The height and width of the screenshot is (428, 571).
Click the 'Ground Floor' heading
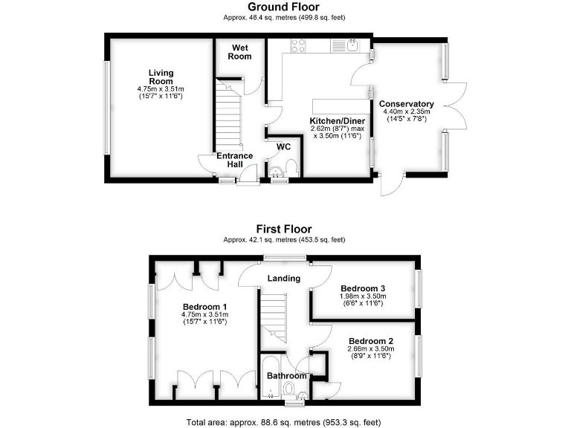284,7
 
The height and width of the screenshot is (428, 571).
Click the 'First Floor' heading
284,230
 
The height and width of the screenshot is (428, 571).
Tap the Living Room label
161,77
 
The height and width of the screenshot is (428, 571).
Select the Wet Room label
239,52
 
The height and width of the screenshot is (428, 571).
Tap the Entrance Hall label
235,160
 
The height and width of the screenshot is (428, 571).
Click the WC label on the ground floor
283,146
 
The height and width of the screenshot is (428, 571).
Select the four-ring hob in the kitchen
298,47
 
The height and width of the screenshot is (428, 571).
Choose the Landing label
284,279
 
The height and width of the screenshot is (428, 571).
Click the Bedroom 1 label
204,306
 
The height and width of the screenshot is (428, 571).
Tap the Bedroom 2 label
370,341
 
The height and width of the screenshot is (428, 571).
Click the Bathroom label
287,376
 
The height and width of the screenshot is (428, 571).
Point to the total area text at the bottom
284,421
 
